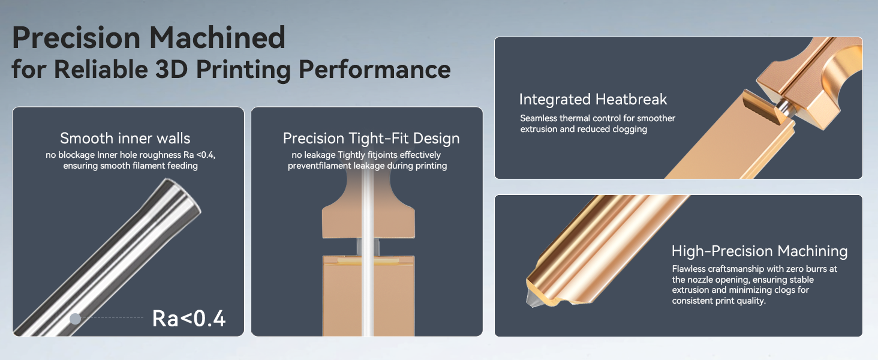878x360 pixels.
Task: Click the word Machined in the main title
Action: (217, 38)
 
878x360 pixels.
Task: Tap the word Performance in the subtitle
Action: (374, 70)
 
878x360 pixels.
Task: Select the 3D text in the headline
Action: (171, 69)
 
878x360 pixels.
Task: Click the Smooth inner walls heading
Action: (125, 138)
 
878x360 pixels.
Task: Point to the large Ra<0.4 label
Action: (188, 318)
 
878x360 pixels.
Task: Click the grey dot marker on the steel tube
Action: (75, 319)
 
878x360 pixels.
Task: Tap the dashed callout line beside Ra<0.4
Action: (112, 317)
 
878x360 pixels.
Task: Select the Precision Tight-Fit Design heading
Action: (371, 138)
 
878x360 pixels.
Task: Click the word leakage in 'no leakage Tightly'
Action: (320, 155)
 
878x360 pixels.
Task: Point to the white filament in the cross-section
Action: (367, 251)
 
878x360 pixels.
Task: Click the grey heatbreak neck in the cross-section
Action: (368, 247)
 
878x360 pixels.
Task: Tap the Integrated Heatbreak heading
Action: (593, 99)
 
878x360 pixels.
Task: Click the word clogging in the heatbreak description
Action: (630, 130)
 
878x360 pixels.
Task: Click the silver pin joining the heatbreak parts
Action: (783, 106)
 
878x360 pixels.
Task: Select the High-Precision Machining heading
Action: (760, 251)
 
